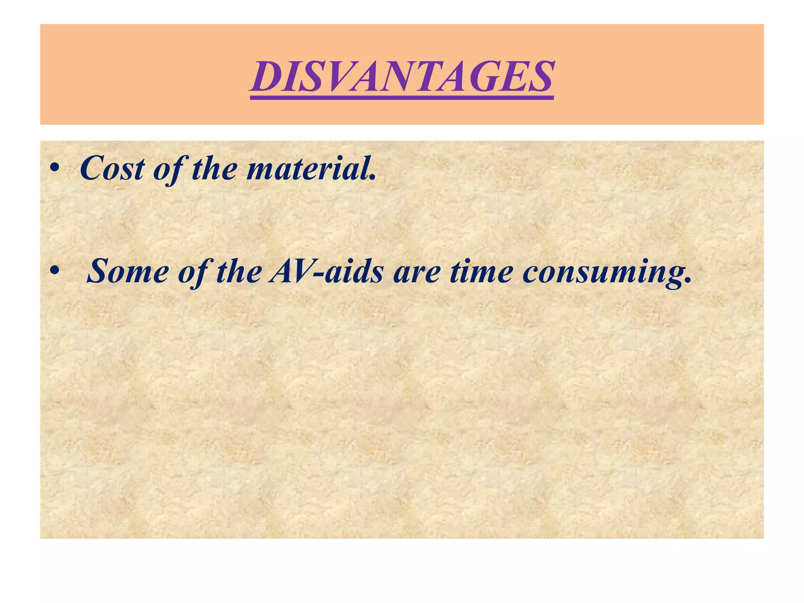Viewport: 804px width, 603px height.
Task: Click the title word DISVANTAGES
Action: coord(402,77)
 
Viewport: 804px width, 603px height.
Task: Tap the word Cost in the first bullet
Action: coord(112,168)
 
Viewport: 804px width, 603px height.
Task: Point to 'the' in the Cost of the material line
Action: coord(214,168)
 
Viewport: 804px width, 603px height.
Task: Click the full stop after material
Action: coord(373,179)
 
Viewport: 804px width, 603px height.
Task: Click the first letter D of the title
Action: coord(271,77)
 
